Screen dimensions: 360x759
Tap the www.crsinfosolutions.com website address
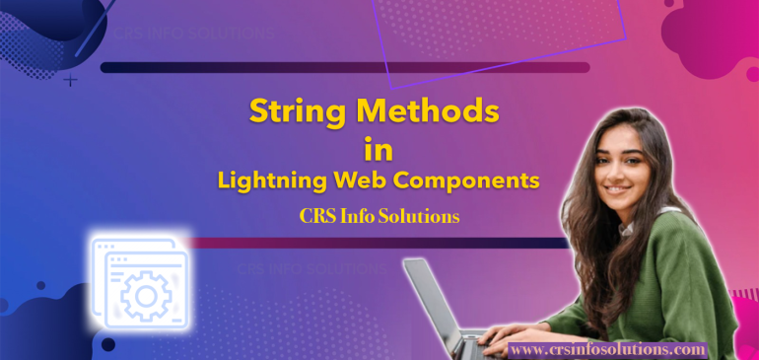[608, 349]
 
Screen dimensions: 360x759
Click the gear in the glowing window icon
[148, 293]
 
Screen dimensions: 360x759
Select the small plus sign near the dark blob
[70, 80]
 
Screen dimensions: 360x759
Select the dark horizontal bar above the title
[345, 68]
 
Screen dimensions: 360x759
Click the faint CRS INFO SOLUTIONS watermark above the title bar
[193, 32]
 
